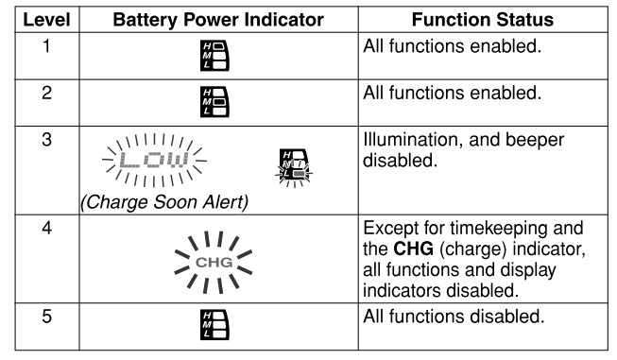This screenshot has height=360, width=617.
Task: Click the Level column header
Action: [47, 20]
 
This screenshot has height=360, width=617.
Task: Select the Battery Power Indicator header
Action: [218, 20]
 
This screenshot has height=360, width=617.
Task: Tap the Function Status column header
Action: [483, 20]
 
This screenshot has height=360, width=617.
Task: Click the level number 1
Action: [46, 46]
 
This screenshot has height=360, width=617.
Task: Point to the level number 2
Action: [46, 93]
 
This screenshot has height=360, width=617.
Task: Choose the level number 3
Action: [46, 140]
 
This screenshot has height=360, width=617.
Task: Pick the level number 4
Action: [46, 229]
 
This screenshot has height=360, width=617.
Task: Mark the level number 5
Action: [46, 317]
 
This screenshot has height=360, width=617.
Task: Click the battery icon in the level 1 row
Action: [214, 56]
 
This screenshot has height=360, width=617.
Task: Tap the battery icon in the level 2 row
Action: [214, 102]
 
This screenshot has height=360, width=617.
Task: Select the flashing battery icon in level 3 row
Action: [294, 167]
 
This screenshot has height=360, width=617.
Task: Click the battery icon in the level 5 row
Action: [214, 325]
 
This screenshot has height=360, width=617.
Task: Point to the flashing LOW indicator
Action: [154, 160]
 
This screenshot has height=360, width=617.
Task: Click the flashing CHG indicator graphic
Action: [214, 262]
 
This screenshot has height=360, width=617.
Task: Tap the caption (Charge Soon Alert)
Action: [164, 202]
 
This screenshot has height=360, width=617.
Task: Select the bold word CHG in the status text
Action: [414, 249]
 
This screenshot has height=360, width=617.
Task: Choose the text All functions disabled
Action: [454, 317]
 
